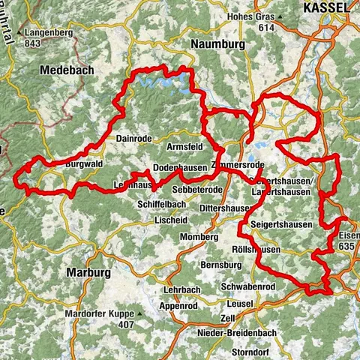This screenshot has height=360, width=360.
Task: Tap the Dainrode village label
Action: tap(135, 138)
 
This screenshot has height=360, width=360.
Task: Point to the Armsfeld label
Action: tap(185, 146)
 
